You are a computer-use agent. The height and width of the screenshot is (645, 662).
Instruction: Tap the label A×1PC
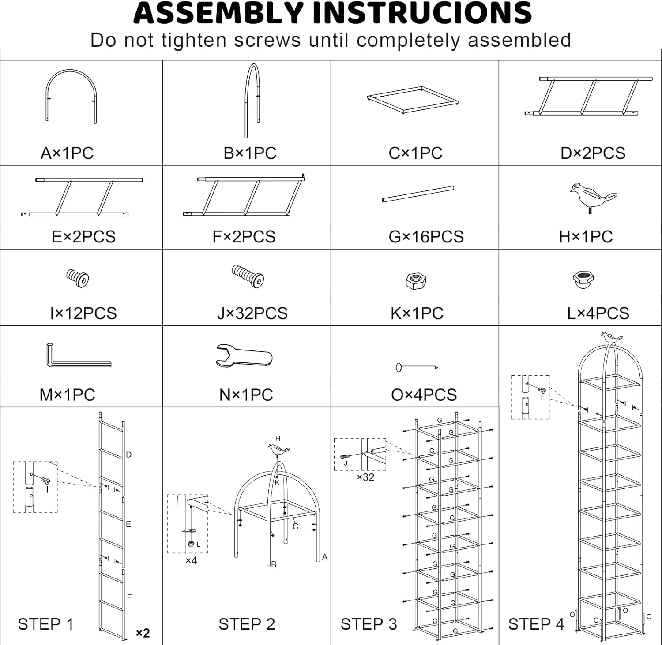[67, 153]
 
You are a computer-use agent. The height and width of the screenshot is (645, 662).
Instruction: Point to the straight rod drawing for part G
[418, 194]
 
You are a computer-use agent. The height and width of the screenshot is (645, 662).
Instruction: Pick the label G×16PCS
[426, 237]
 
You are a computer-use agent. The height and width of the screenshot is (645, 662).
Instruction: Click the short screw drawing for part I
[78, 278]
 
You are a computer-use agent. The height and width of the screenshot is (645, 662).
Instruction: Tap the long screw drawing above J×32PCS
[248, 276]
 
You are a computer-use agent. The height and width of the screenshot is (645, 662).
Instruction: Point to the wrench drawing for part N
[244, 356]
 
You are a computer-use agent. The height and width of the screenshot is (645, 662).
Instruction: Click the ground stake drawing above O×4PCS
[416, 367]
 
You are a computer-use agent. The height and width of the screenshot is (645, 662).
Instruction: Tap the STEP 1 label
[45, 624]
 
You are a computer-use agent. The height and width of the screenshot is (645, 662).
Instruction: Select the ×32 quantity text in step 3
[365, 477]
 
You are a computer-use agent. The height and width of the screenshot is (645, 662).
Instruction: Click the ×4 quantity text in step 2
[191, 560]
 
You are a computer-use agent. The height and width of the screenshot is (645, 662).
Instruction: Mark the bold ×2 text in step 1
[143, 633]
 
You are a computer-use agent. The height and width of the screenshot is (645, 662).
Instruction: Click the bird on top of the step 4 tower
[611, 338]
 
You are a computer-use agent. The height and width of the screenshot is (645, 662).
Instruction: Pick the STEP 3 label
[369, 624]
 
